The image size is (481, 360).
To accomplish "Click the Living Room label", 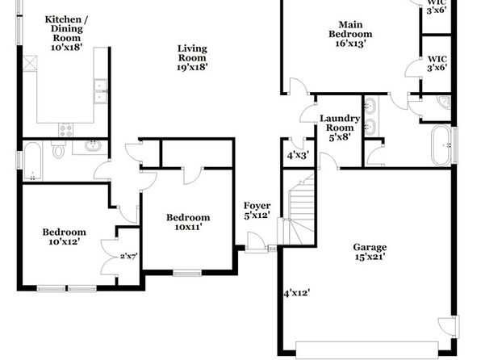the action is [x=192, y=57].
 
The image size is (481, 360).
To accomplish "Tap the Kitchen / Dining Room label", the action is [x=66, y=33].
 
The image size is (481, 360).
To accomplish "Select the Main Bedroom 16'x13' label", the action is [x=350, y=34].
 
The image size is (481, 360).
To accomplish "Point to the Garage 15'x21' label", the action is [x=370, y=252].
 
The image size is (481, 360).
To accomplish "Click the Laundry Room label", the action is [x=340, y=128].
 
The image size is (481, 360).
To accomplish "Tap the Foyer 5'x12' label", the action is [x=257, y=210].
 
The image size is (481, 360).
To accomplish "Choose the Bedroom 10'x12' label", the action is [x=64, y=237].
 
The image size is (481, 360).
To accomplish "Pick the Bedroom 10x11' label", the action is [x=188, y=222].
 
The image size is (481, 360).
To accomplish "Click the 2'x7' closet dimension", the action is [x=128, y=256].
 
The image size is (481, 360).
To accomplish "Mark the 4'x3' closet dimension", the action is [x=298, y=155].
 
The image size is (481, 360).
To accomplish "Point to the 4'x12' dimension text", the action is [x=296, y=293].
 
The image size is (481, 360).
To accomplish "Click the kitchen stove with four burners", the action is [x=65, y=130].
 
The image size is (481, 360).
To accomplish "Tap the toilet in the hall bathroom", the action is [x=58, y=149].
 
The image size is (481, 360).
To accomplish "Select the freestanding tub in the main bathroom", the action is [x=441, y=145].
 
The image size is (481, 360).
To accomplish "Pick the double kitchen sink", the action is [x=101, y=91].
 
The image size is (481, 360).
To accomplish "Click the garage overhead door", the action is [x=367, y=350].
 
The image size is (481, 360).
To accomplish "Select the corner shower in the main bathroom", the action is [x=444, y=103].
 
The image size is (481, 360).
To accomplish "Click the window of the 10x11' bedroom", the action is [x=187, y=273].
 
